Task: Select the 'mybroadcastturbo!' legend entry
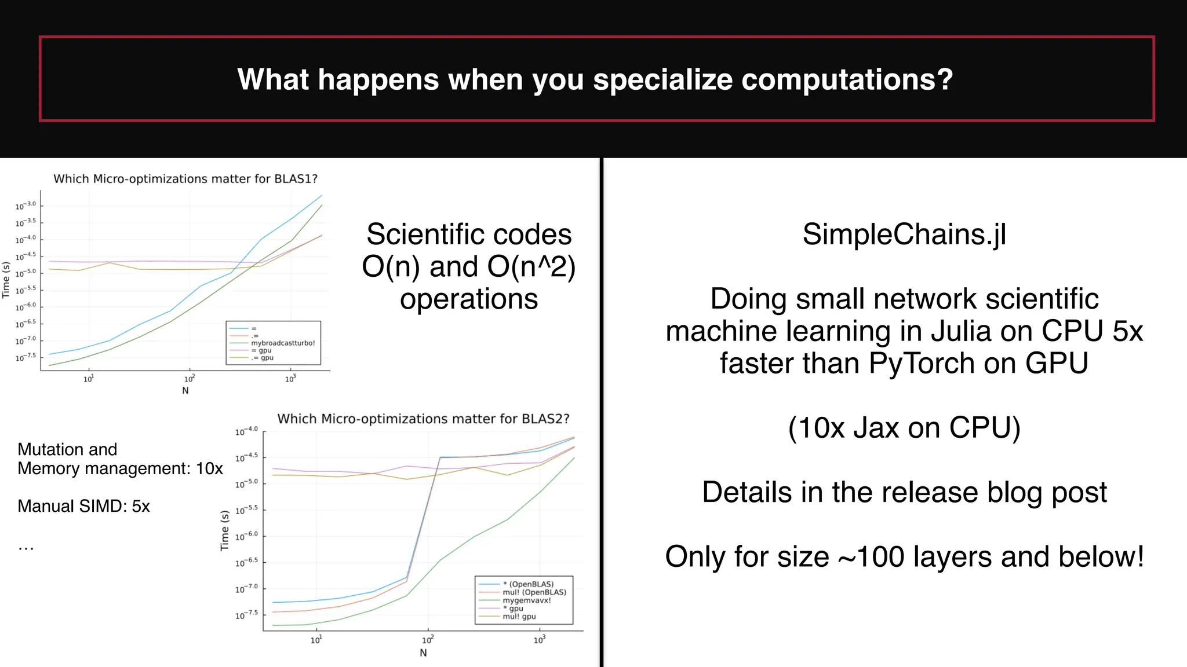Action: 283,343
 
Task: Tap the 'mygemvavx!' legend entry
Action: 527,600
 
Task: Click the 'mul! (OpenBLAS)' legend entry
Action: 534,592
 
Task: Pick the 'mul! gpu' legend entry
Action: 519,617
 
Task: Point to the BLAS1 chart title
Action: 185,179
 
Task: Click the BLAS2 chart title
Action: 423,419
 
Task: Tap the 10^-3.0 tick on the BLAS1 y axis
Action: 26,206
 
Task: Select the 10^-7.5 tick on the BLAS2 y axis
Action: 246,614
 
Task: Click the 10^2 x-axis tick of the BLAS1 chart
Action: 190,379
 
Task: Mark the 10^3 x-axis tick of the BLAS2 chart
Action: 540,640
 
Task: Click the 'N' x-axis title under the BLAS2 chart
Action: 423,653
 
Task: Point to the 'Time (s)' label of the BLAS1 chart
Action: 6,280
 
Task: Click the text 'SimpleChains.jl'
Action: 904,234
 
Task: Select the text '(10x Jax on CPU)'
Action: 904,428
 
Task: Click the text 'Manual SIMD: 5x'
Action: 83,506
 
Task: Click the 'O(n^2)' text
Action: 531,267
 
